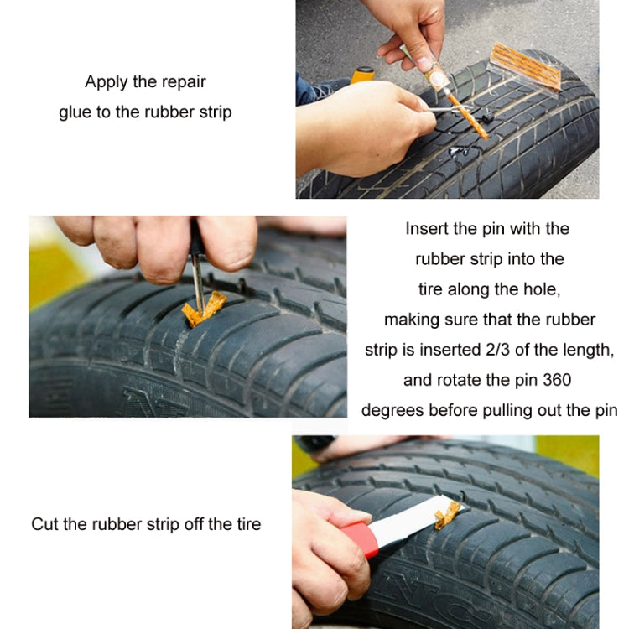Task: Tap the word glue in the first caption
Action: [75, 112]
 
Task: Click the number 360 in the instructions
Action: [554, 380]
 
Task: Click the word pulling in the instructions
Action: [507, 410]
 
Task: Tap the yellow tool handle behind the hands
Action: [363, 75]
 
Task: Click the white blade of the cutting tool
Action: [403, 519]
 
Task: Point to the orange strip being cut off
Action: [448, 513]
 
